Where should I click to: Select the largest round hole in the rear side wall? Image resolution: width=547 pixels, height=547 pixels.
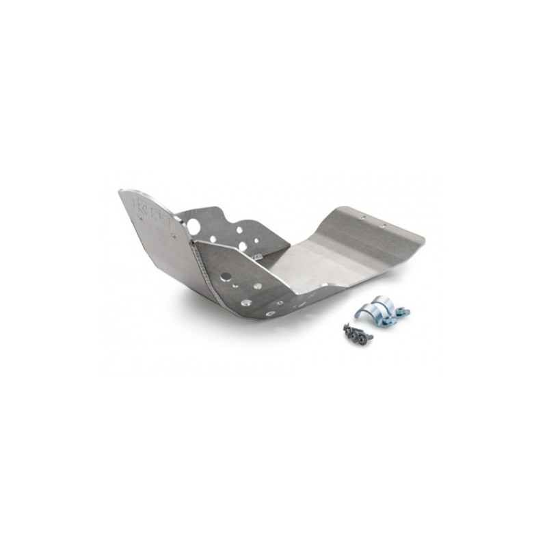(x=194, y=226)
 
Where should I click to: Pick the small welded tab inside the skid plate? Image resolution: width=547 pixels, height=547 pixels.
(x=257, y=256)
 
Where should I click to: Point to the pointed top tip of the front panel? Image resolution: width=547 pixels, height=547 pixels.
(x=122, y=191)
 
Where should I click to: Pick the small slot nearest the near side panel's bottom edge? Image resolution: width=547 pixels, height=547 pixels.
(x=271, y=312)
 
